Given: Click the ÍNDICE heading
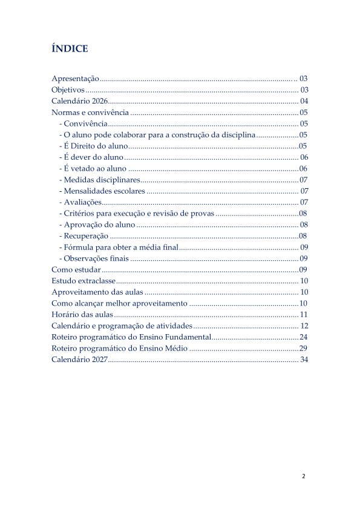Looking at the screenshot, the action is [x=70, y=49].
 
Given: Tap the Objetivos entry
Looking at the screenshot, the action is [x=68, y=90].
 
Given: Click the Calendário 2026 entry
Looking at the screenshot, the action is [x=79, y=101].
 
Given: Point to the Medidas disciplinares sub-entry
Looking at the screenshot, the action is [x=100, y=180].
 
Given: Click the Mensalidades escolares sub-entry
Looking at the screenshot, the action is [x=102, y=191].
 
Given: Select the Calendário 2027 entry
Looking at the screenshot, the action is [x=79, y=360].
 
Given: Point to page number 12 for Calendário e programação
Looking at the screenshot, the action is [x=304, y=326].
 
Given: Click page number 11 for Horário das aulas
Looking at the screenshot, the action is [x=304, y=315].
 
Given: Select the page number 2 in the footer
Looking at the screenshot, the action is [x=304, y=476].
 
